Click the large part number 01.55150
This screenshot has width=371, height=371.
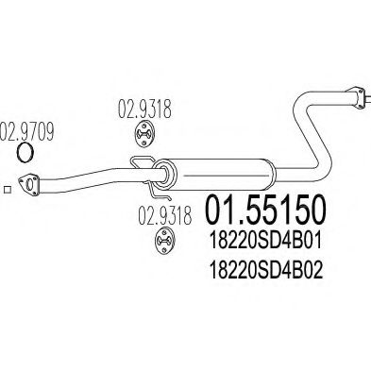point(264,210)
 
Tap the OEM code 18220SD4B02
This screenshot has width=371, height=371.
point(266,270)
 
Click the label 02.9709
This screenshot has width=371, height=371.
point(26,131)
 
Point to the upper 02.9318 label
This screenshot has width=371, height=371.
point(144,109)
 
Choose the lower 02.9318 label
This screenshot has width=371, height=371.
point(165,215)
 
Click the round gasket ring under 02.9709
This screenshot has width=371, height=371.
point(25,152)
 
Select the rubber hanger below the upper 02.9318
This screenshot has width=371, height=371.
point(144,134)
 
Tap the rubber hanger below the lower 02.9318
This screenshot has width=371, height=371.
point(165,241)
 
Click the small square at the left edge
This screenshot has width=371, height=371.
point(8,190)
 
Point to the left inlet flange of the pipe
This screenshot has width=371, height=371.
point(28,184)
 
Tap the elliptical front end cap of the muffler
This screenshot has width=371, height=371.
point(166,175)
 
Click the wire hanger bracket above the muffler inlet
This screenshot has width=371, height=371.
point(143,163)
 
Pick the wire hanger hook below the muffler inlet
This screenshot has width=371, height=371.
point(159,191)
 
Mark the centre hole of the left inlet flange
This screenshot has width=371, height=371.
point(30,184)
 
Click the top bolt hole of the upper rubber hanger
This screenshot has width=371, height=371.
point(144,126)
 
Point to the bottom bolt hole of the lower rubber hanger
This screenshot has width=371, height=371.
point(165,249)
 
